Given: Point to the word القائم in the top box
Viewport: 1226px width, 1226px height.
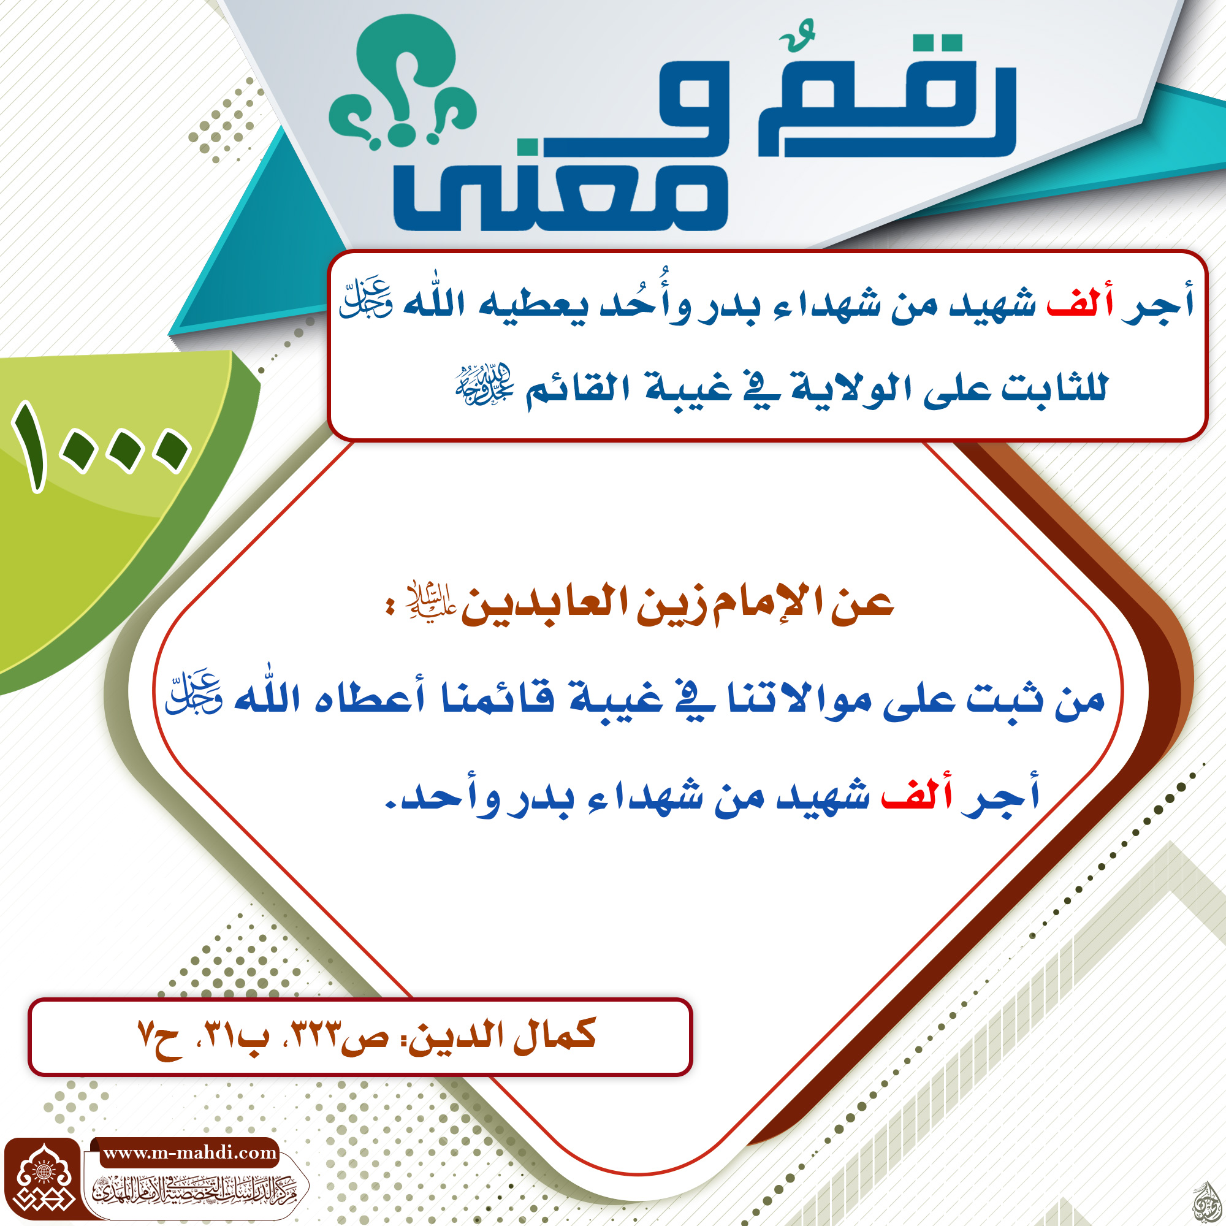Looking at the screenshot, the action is (x=578, y=389).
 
